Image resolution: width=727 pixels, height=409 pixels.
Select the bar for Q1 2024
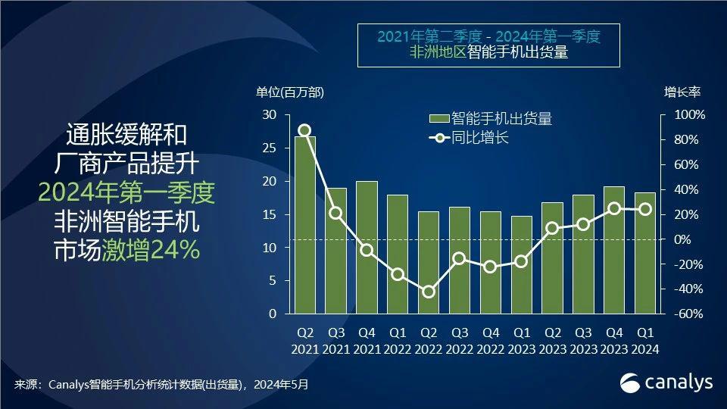point(645,253)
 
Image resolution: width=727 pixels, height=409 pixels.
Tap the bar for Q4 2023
point(614,250)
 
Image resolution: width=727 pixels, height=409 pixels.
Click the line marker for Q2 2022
point(429,292)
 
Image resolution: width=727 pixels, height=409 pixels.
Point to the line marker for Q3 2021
point(335,213)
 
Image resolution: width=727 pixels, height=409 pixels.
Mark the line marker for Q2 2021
point(304,130)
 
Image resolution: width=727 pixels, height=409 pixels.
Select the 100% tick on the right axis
point(689,115)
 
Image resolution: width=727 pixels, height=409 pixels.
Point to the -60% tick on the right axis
point(689,314)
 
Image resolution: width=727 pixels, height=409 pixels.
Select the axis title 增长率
point(682,92)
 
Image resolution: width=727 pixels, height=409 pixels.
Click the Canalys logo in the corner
point(666,382)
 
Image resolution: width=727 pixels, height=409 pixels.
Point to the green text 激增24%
point(151,250)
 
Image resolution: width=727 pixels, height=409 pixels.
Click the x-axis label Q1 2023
point(522,341)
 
